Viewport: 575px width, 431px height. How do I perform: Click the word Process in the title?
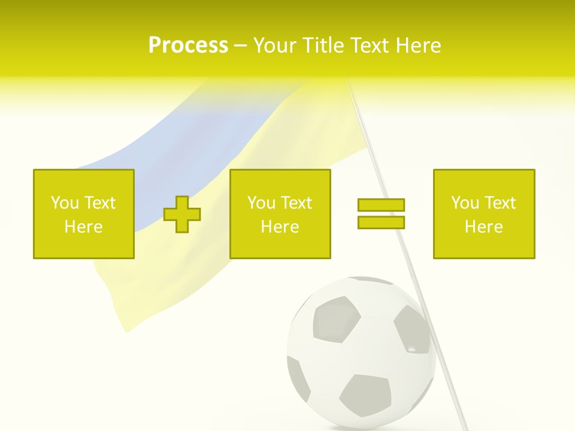[188, 45]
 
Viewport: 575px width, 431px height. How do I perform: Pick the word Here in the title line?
[419, 45]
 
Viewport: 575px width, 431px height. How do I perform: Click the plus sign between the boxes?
[182, 214]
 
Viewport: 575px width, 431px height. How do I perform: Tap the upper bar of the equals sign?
[381, 205]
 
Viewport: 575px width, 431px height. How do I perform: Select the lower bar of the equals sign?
[381, 222]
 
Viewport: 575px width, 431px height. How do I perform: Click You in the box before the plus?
[65, 203]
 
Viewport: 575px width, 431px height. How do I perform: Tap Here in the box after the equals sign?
[484, 227]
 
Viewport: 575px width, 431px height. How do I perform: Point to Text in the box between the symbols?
[297, 203]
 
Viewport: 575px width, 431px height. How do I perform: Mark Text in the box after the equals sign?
[501, 203]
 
